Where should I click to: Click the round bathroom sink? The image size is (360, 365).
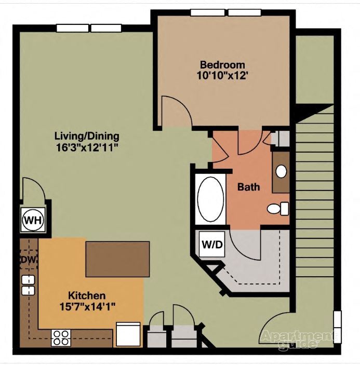coord(282,172)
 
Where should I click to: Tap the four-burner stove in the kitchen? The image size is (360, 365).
coord(61,338)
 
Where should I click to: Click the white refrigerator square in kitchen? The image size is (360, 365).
coord(128,334)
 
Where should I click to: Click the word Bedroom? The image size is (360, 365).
coord(222,65)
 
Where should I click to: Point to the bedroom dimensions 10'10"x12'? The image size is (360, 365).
coord(222,75)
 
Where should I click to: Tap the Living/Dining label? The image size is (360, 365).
coord(87,137)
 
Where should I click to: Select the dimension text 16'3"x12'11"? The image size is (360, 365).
coord(87,147)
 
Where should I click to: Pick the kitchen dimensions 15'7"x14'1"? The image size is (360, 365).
coord(87,306)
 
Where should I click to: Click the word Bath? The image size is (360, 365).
coord(248,187)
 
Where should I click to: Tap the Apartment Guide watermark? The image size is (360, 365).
coord(297,339)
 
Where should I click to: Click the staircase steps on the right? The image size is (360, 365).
coord(315,197)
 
